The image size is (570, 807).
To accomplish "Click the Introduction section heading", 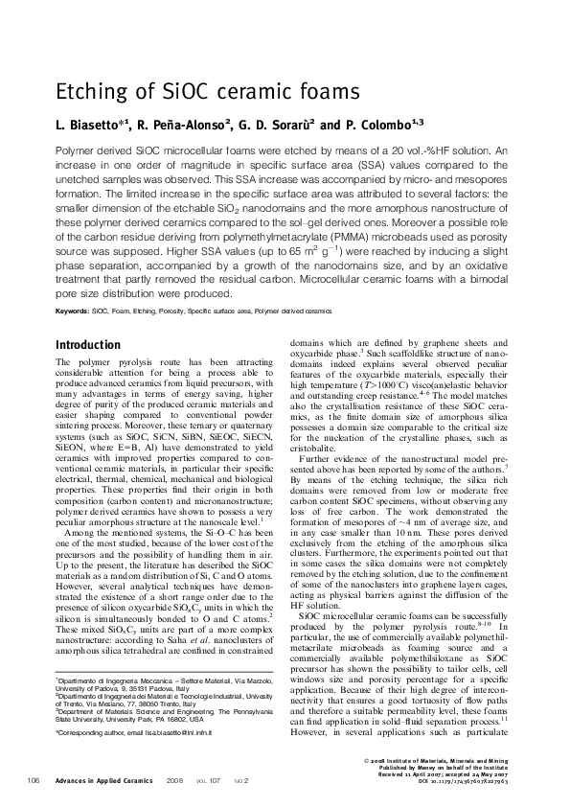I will [x=88, y=344].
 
